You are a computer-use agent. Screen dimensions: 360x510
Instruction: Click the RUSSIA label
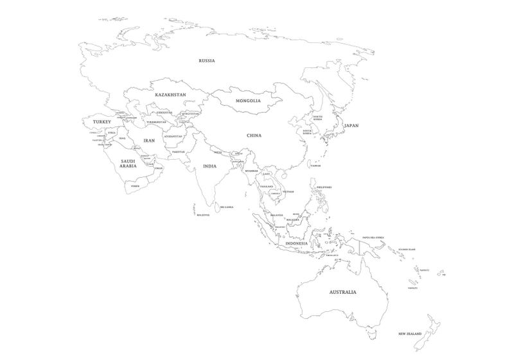pos(206,61)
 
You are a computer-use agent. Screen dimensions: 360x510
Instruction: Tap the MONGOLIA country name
pos(248,101)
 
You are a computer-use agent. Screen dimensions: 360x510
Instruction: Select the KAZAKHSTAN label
pos(170,95)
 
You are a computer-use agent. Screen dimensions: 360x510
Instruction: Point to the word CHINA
pos(254,135)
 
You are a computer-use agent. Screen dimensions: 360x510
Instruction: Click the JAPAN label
pos(351,126)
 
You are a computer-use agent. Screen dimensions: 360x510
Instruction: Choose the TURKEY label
pos(102,121)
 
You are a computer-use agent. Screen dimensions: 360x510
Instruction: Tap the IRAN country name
pos(149,140)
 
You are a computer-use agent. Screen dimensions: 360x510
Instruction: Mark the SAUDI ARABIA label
pos(128,164)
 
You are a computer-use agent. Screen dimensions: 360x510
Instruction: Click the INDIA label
pos(209,166)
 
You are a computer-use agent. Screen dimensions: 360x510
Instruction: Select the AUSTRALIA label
pos(342,292)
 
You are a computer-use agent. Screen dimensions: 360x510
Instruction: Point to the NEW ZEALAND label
pos(409,334)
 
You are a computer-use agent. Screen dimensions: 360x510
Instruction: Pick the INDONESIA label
pos(297,244)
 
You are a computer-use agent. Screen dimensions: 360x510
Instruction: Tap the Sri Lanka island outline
pos(220,212)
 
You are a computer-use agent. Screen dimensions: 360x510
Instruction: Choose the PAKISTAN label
pos(179,151)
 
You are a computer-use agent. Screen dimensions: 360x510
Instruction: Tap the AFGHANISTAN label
pos(173,136)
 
